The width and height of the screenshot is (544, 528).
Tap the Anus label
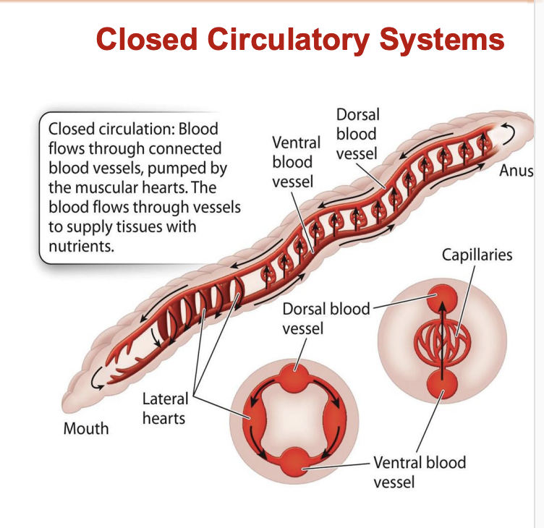pos(516,171)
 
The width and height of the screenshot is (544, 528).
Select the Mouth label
pos(86,428)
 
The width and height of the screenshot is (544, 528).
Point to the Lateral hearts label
pos(164,408)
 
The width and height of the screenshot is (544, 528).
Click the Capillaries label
pos(477,255)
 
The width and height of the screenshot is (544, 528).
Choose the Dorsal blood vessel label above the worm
pos(357,134)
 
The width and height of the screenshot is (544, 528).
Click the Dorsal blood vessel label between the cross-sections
pos(318,319)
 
